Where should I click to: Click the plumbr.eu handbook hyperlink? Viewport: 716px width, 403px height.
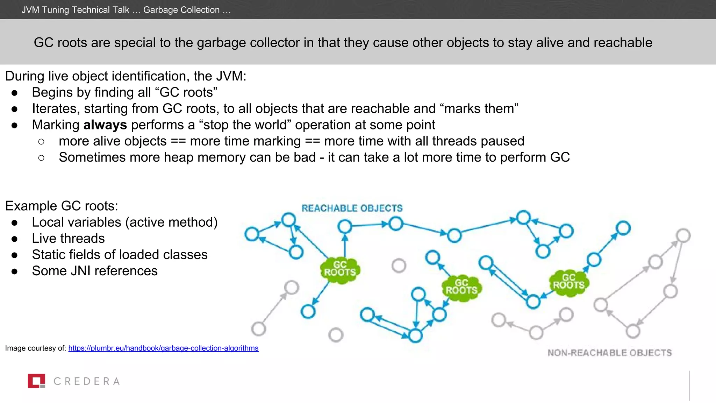pyautogui.click(x=163, y=348)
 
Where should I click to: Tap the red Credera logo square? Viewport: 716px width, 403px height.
pyautogui.click(x=36, y=381)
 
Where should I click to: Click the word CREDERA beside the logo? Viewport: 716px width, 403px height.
pyautogui.click(x=87, y=381)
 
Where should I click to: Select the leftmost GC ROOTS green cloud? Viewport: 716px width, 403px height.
pyautogui.click(x=340, y=270)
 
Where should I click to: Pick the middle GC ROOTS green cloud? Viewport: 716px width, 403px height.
pyautogui.click(x=461, y=288)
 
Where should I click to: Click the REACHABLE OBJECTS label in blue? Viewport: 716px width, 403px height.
pyautogui.click(x=352, y=208)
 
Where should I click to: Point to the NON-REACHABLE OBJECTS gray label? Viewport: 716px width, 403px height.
pyautogui.click(x=609, y=353)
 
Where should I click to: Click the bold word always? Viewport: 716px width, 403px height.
pyautogui.click(x=105, y=125)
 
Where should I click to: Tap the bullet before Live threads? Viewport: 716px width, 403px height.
pyautogui.click(x=14, y=239)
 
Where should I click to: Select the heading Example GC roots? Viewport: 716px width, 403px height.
pyautogui.click(x=62, y=206)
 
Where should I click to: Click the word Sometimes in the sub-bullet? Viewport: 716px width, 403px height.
pyautogui.click(x=92, y=157)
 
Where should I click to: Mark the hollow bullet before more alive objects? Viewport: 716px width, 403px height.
pyautogui.click(x=41, y=142)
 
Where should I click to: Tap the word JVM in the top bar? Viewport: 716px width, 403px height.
pyautogui.click(x=30, y=10)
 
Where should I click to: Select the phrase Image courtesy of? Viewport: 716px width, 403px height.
pyautogui.click(x=35, y=348)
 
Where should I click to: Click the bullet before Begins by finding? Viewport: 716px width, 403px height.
pyautogui.click(x=14, y=93)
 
